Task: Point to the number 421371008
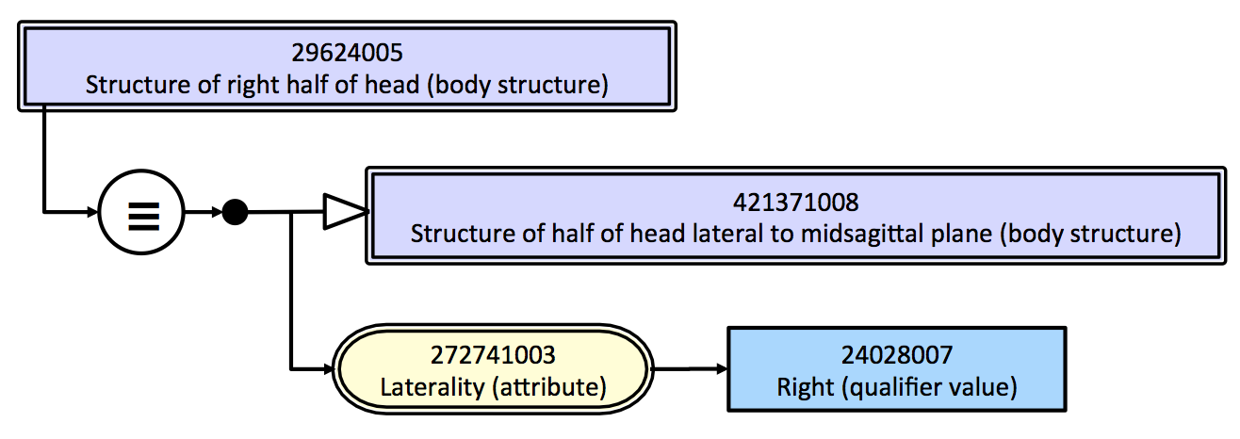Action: point(795,202)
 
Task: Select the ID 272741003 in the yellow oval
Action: point(493,355)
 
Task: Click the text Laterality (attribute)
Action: point(493,386)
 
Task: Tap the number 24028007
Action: point(896,355)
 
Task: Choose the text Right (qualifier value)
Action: point(896,386)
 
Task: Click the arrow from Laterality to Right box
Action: point(689,368)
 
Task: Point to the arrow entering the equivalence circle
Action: point(71,212)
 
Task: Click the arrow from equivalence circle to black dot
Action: point(203,213)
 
